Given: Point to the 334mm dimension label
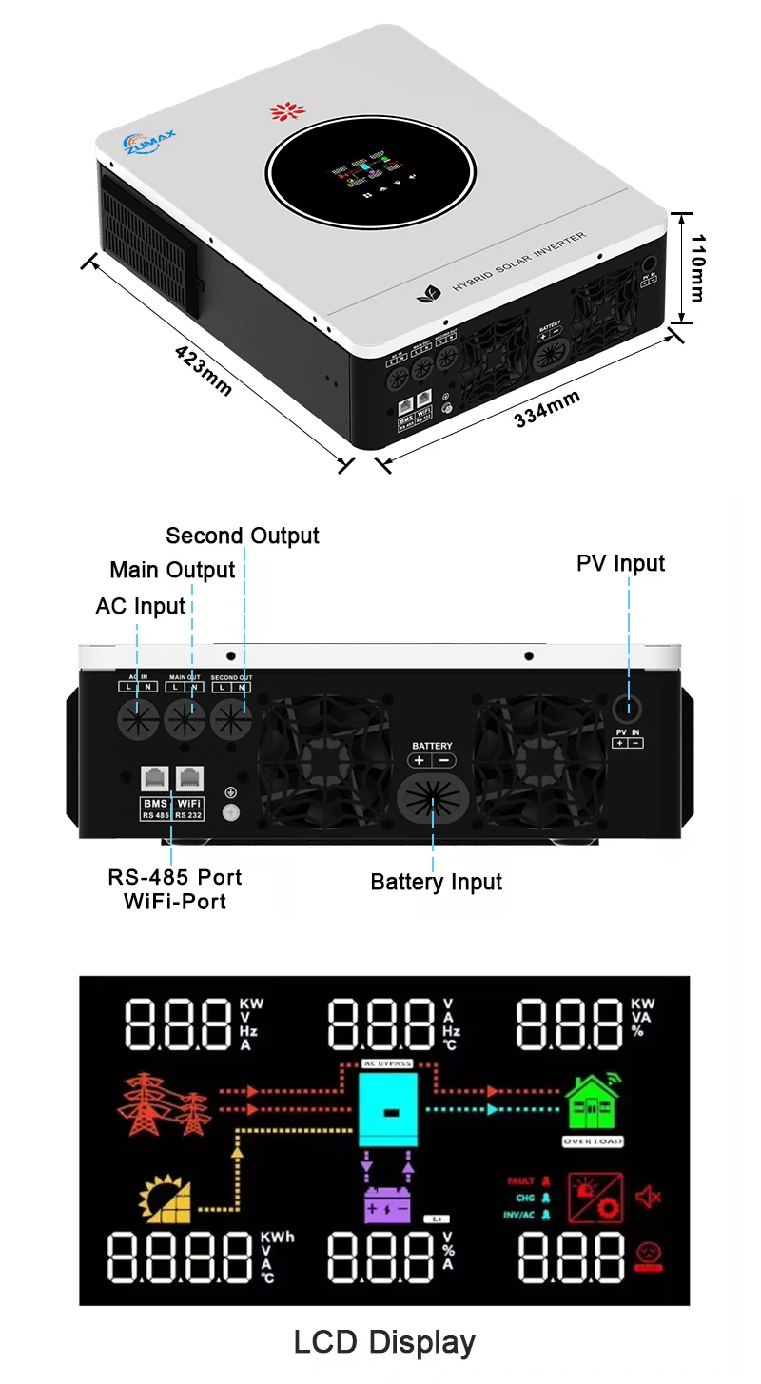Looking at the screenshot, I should [x=547, y=409].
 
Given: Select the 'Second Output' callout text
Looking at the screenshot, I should [x=243, y=536].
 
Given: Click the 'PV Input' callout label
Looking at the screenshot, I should [x=621, y=563].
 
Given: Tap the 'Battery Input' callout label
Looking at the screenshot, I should [x=437, y=882].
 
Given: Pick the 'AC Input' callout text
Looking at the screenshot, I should [x=141, y=606].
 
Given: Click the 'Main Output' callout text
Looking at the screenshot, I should [x=172, y=570].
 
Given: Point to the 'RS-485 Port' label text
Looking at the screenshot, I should [x=175, y=877].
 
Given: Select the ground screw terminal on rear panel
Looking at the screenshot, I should [x=228, y=811].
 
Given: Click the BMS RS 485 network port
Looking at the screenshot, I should [x=153, y=779].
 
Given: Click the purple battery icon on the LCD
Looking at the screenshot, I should [x=385, y=1203].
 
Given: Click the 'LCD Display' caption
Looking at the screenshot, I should [x=384, y=1342].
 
